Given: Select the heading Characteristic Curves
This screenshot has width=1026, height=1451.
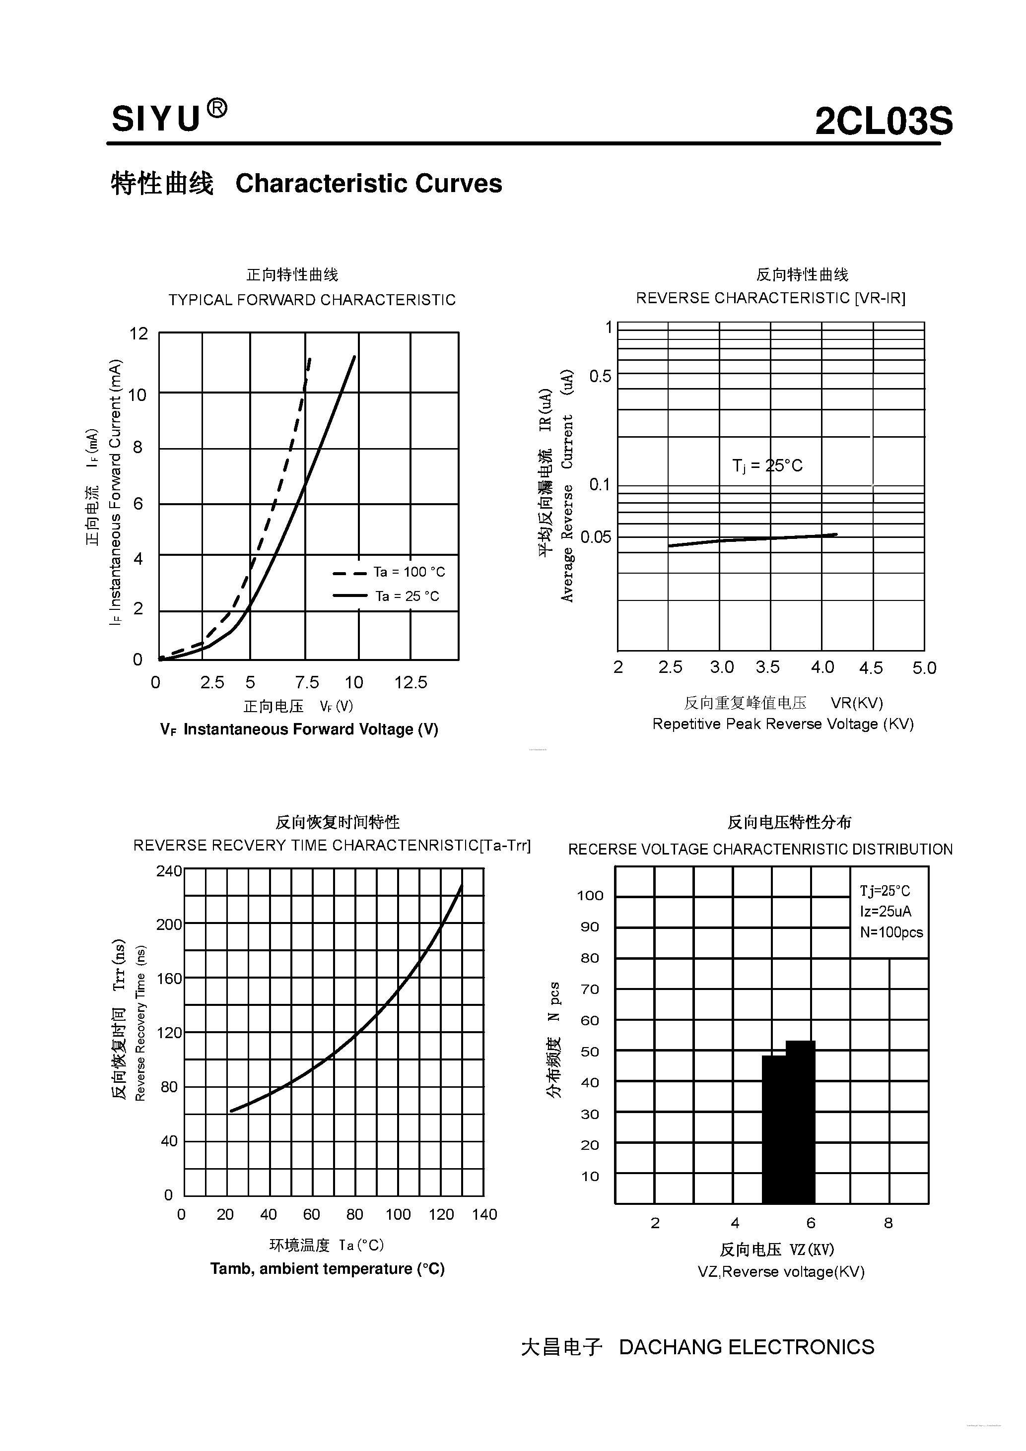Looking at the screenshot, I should [x=368, y=184].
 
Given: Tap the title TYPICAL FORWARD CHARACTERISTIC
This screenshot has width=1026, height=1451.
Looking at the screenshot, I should [x=312, y=300].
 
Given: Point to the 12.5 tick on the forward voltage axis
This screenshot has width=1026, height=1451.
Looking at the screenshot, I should [x=411, y=682].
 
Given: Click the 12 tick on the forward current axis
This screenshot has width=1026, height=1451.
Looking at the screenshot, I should [x=138, y=333].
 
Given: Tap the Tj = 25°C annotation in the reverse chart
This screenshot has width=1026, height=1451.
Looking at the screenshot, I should [x=767, y=466].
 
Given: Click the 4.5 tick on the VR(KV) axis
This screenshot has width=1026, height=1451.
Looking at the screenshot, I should [x=871, y=668].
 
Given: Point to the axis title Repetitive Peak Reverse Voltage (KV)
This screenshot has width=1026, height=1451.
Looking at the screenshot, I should [x=783, y=724].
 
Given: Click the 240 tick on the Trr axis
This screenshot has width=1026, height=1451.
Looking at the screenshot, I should [x=169, y=871].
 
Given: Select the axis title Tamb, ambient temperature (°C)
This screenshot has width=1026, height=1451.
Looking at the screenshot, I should [x=328, y=1268].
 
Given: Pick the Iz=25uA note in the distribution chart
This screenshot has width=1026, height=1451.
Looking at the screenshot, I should [x=885, y=911].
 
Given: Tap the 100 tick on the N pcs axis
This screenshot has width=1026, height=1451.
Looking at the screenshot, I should [x=590, y=896].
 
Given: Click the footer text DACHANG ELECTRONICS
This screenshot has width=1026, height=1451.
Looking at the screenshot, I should [x=747, y=1347].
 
